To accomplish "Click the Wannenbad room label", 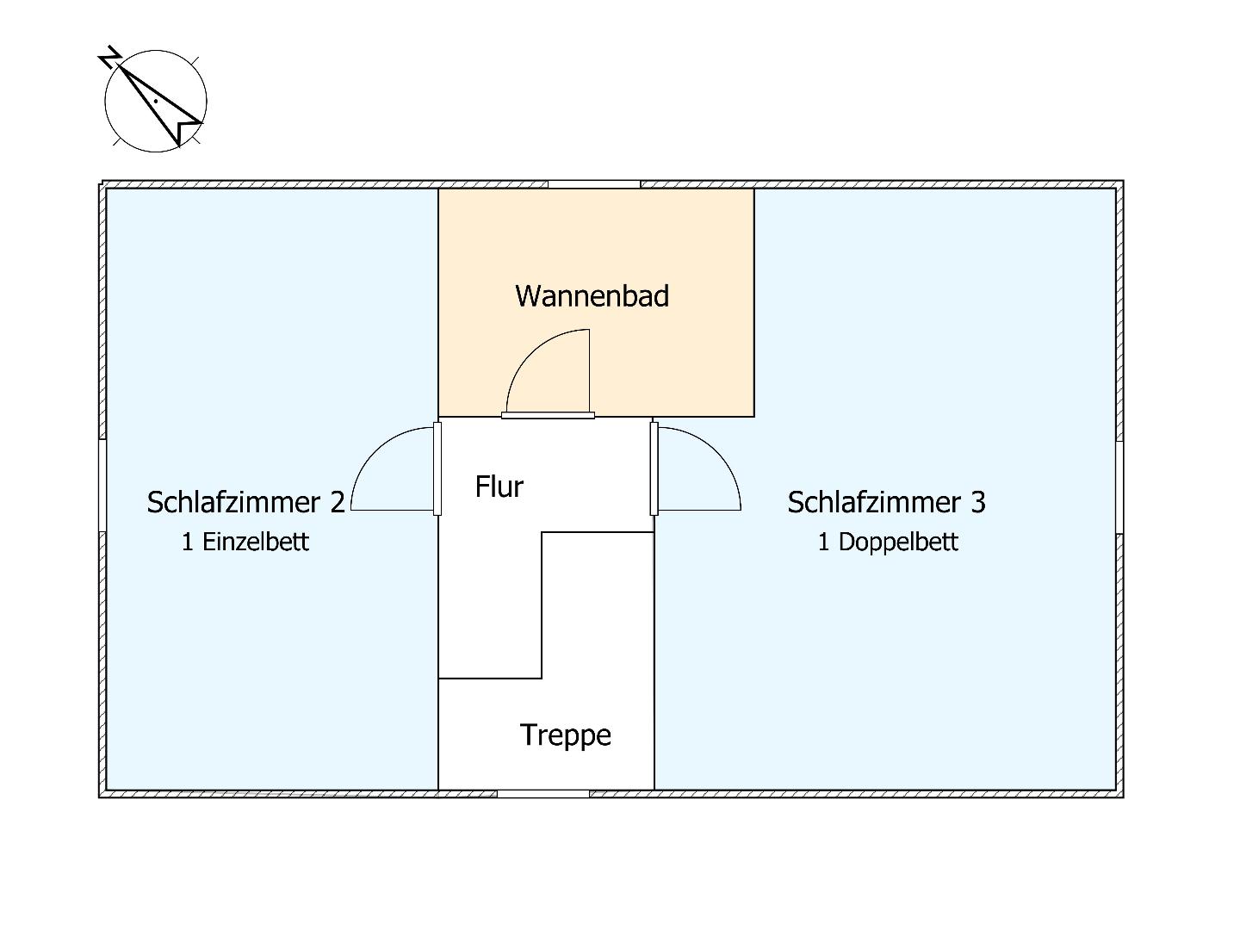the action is [592, 296].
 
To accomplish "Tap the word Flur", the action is [499, 487].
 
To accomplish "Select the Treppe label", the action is [566, 735].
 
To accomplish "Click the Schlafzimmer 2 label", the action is [245, 502].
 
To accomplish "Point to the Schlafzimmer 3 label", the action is [886, 502].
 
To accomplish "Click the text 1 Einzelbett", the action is [245, 542].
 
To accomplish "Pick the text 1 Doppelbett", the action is [888, 542].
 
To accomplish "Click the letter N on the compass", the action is [110, 57].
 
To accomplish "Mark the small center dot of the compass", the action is [155, 101].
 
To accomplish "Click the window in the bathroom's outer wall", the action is [593, 184].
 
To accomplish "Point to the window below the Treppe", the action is [542, 794].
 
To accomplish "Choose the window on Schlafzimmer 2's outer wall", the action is [102, 486].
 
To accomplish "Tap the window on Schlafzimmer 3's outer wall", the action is [1119, 487].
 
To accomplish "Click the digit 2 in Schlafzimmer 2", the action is [338, 502].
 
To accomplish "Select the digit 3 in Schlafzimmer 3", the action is [978, 502].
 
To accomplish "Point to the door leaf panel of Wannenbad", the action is [548, 416].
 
